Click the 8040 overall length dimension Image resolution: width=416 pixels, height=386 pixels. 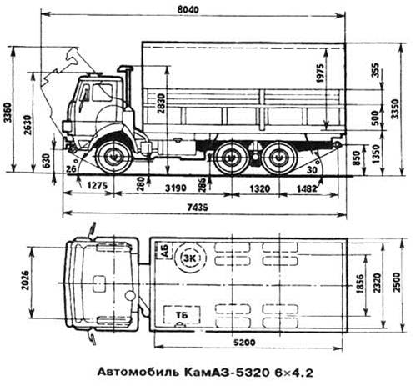(x=188, y=9)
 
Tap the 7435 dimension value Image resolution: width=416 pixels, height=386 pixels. (x=198, y=207)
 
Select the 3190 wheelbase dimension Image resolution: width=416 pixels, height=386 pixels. (x=175, y=188)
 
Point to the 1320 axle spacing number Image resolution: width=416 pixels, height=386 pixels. (x=259, y=188)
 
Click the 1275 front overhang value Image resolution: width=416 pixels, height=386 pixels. (x=97, y=185)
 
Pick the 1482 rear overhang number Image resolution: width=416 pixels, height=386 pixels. (x=307, y=188)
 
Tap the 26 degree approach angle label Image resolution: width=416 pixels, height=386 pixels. (x=72, y=168)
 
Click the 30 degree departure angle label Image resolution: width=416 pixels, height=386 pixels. (x=312, y=169)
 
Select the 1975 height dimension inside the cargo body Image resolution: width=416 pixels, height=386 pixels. (x=320, y=73)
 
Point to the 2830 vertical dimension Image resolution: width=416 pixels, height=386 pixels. (x=161, y=103)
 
